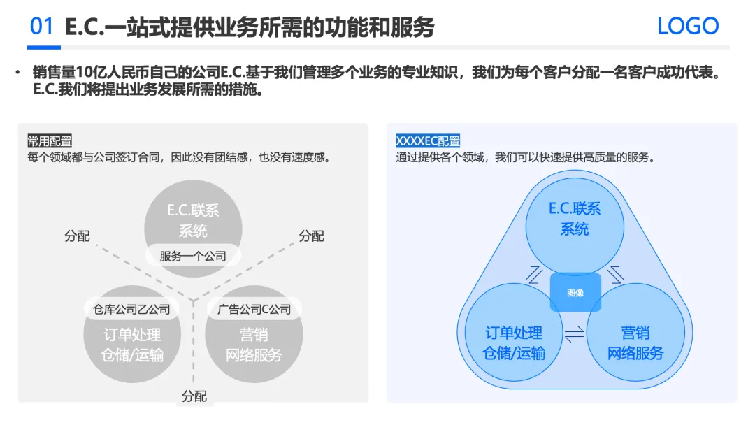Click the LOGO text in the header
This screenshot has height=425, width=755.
(x=688, y=26)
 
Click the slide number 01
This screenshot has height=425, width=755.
(x=42, y=26)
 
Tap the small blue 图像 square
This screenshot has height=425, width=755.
(x=575, y=292)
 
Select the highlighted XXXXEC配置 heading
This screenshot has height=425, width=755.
(x=428, y=141)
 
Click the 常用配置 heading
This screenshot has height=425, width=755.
(x=50, y=141)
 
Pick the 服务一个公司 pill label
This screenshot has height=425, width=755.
(x=193, y=256)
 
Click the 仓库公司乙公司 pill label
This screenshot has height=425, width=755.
(x=131, y=309)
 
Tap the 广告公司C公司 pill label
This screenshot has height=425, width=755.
(x=254, y=309)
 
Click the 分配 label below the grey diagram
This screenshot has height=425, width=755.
(x=194, y=396)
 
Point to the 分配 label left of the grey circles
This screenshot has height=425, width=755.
(x=77, y=236)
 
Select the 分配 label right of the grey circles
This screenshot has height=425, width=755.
(x=311, y=236)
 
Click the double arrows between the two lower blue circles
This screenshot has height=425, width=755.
(x=574, y=335)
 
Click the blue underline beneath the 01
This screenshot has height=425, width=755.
(x=43, y=48)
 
